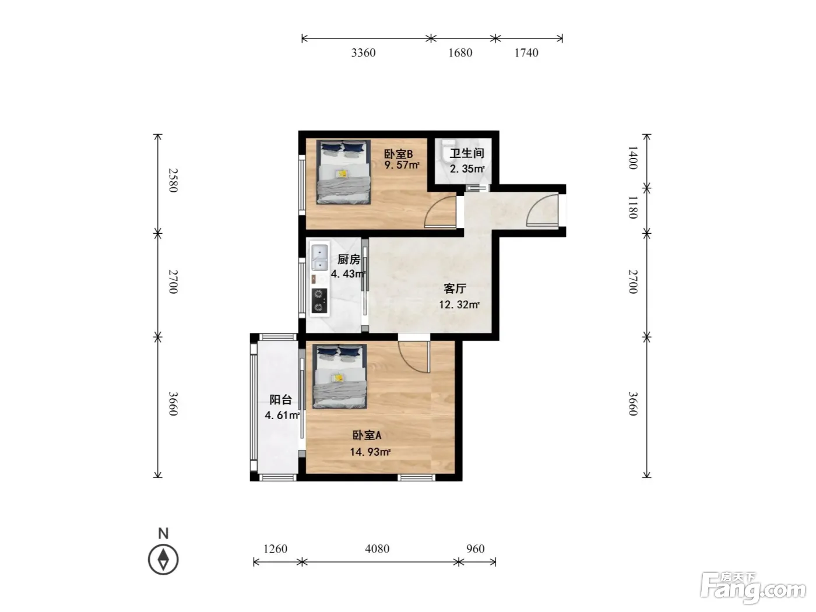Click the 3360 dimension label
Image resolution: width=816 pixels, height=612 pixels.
coord(363,53)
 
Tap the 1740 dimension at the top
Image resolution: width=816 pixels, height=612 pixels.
coord(526,53)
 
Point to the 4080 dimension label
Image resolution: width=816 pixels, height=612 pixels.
coord(377,549)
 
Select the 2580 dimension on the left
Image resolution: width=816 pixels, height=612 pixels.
coord(173,180)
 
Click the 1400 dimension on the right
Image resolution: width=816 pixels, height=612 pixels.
coord(633,157)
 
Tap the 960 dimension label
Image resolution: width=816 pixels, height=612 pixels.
coord(476,549)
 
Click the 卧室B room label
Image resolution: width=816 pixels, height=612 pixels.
coord(398,154)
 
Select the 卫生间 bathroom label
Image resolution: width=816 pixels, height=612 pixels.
coord(467,153)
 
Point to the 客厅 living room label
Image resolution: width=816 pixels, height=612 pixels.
coord(455,289)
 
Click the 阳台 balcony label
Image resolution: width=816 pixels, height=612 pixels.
coord(281,400)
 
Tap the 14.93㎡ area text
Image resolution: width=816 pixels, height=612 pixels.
coord(370,452)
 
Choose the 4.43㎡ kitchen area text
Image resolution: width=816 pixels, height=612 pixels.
coord(348,274)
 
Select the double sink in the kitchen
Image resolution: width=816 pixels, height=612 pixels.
coord(319,257)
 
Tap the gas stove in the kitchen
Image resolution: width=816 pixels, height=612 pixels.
coord(319,301)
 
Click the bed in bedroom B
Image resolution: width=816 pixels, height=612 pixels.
coord(343,172)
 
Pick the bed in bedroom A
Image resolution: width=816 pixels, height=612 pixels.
coord(340,376)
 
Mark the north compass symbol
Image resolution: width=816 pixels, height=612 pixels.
coord(163,559)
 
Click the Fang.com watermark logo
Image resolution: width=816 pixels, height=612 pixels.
coord(753,590)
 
